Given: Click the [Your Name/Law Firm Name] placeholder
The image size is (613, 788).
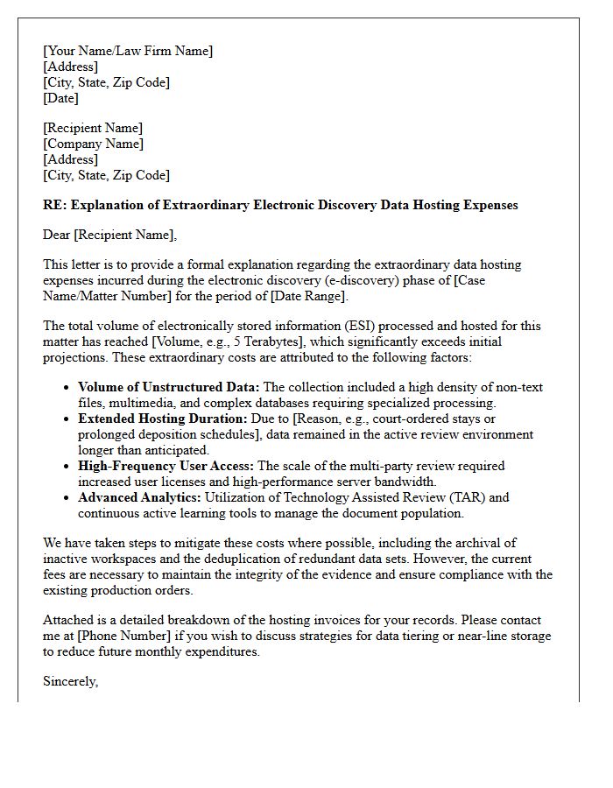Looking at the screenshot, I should (128, 51).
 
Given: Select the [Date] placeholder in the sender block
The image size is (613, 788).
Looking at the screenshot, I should (60, 98).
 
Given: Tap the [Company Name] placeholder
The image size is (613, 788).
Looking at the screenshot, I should (93, 144).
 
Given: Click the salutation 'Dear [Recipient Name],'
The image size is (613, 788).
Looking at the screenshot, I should (109, 234).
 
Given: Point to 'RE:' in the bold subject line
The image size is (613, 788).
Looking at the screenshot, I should (54, 205).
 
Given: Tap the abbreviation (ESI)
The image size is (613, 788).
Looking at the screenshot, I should (331, 326).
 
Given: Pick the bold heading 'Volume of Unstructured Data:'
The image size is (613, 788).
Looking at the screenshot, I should (168, 387).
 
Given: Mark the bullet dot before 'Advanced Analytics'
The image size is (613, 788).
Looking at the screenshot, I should (67, 498).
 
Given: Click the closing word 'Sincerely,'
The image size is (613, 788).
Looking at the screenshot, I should (70, 681).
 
